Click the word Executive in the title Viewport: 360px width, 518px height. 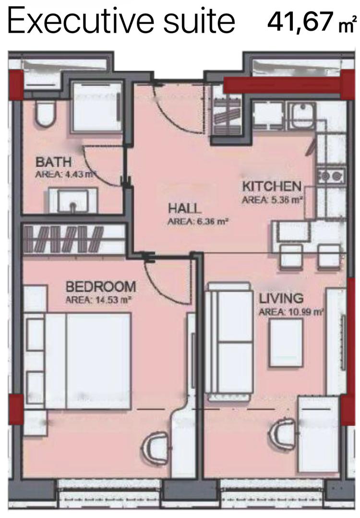pyautogui.click(x=80, y=21)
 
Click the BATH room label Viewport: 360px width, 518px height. pyautogui.click(x=53, y=162)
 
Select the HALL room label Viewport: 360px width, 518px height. pyautogui.click(x=184, y=209)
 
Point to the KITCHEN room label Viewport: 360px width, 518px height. pyautogui.click(x=272, y=187)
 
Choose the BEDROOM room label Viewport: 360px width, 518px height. pyautogui.click(x=101, y=286)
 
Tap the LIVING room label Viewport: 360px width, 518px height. pyautogui.click(x=281, y=298)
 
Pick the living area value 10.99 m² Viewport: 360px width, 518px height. pyautogui.click(x=305, y=312)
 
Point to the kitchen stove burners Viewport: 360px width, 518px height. pyautogui.click(x=331, y=176)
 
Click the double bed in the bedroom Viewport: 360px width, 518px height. pyautogui.click(x=88, y=361)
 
